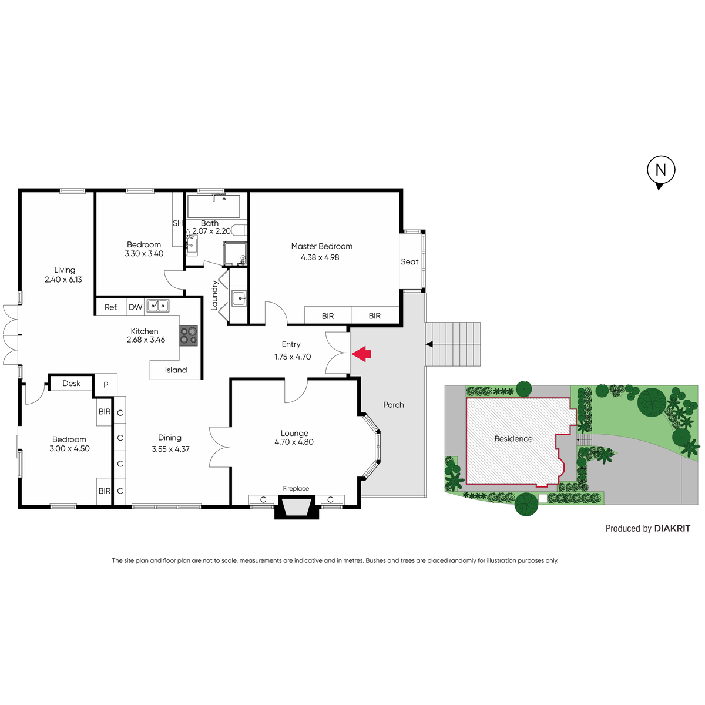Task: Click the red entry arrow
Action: point(361,354)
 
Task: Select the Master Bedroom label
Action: point(321,246)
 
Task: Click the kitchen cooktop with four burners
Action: point(189,335)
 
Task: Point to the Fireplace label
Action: point(296,488)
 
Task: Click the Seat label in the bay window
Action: point(409,261)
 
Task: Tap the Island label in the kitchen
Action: point(176,370)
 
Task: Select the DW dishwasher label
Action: point(135,307)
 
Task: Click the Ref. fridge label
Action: point(111,307)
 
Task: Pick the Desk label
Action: point(71,383)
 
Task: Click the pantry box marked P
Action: point(106,384)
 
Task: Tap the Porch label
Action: point(393,405)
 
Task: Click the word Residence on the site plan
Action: point(513,439)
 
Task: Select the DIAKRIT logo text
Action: point(672,528)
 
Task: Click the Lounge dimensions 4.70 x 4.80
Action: point(294,442)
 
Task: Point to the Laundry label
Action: point(214,296)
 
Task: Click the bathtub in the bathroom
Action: point(214,206)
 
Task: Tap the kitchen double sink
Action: point(158,305)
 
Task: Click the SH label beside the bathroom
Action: point(177,223)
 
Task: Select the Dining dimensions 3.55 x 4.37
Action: point(170,449)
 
